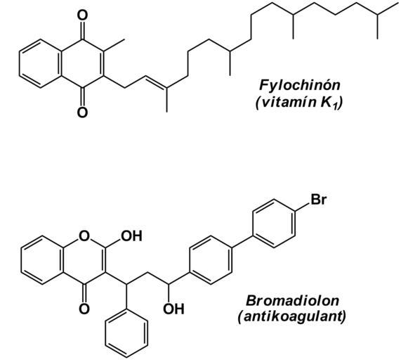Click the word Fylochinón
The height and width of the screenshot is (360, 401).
click(x=299, y=85)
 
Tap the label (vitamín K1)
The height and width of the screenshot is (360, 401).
click(x=299, y=103)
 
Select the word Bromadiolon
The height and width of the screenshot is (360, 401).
click(x=292, y=300)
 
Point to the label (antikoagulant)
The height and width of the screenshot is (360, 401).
click(x=292, y=316)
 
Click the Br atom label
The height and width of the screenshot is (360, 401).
click(x=319, y=199)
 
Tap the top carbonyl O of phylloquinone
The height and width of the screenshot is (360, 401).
click(x=82, y=15)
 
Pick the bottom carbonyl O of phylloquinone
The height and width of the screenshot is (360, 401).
click(x=82, y=112)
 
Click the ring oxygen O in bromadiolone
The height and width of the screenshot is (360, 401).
click(x=84, y=236)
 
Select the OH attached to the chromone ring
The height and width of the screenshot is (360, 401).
click(x=131, y=236)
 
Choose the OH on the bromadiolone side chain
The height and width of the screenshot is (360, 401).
click(x=173, y=309)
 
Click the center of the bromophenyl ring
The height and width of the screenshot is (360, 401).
click(x=274, y=224)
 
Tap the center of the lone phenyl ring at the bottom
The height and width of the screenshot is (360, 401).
click(x=126, y=333)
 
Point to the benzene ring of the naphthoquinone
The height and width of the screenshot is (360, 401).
click(x=40, y=64)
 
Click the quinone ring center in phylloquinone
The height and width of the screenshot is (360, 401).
click(x=82, y=64)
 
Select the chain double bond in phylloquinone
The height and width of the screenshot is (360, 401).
click(x=157, y=82)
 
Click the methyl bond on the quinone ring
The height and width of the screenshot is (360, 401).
click(x=114, y=45)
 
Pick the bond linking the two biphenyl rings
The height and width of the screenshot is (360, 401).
click(x=242, y=242)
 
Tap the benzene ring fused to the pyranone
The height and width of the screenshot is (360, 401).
click(x=42, y=260)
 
